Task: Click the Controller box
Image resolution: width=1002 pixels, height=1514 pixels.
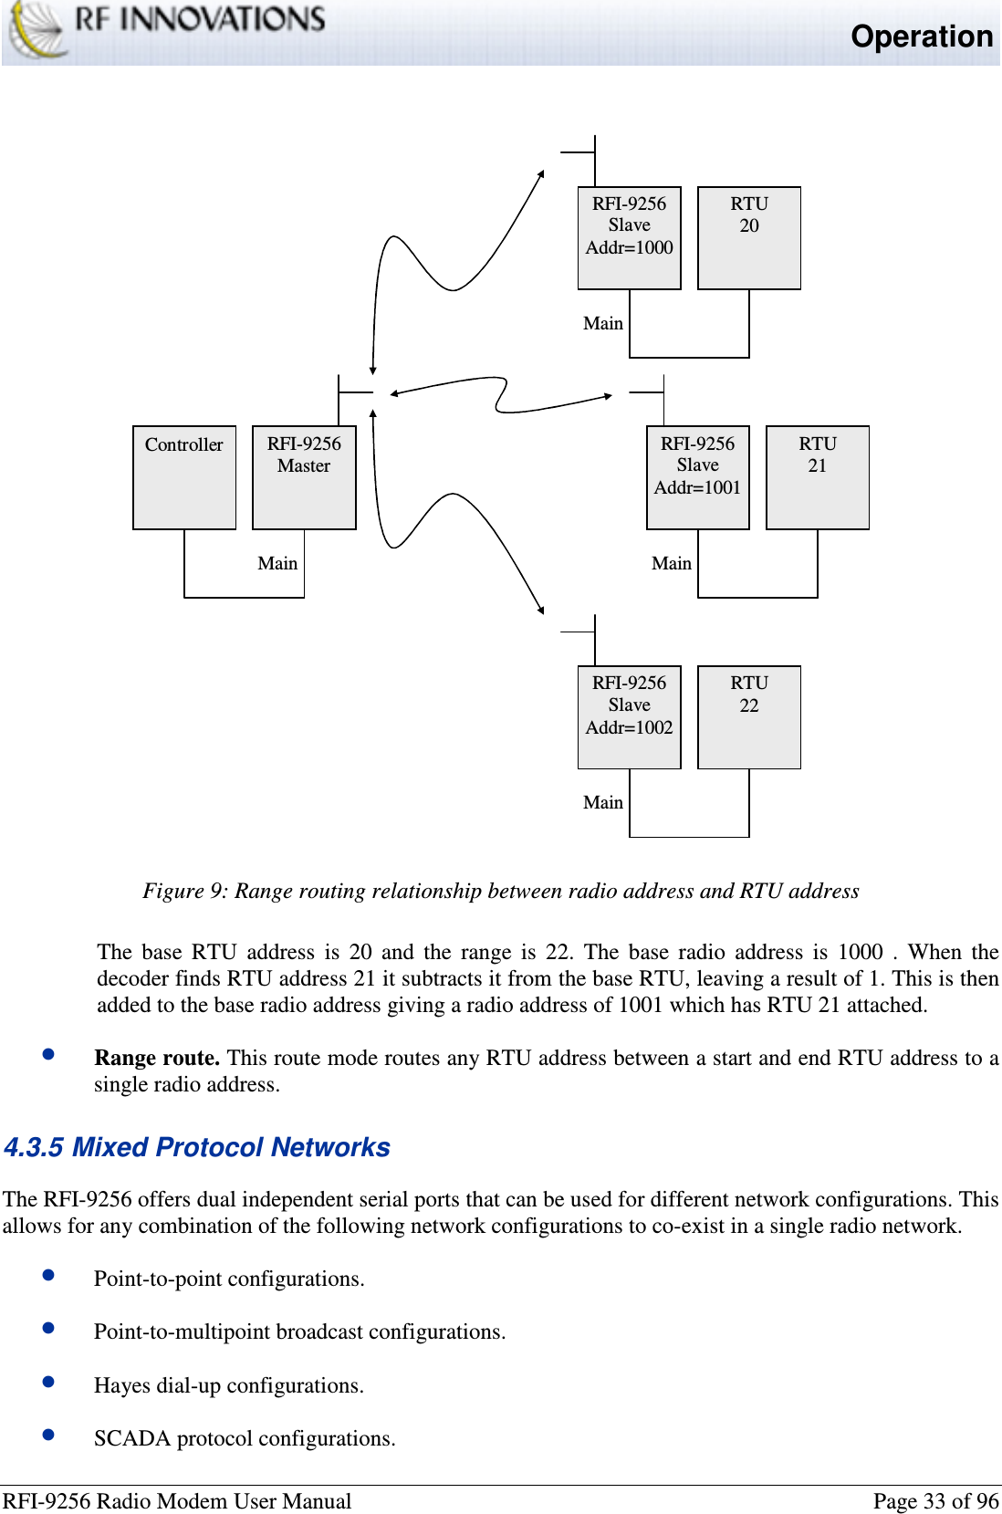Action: (184, 477)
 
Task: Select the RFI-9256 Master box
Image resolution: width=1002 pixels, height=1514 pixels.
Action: (304, 477)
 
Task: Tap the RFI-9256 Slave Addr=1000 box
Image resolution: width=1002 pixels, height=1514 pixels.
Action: (630, 238)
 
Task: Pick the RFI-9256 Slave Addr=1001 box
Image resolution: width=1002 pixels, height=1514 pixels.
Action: (698, 477)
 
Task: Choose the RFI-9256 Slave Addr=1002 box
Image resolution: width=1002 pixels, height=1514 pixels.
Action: (630, 717)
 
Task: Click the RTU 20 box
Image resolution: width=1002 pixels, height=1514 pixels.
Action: (749, 238)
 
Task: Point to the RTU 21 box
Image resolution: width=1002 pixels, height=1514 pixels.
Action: (818, 477)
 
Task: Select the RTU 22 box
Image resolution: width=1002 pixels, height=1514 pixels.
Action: (749, 717)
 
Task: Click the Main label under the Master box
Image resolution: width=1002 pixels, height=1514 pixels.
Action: (277, 563)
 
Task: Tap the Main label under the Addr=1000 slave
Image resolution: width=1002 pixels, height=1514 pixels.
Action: (603, 323)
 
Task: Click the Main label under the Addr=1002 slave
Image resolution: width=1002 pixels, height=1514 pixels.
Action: (603, 802)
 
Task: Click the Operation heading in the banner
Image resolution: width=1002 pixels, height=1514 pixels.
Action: (922, 37)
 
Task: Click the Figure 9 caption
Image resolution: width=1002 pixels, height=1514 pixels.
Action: (501, 891)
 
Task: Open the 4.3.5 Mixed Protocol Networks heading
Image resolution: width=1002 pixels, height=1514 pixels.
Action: (197, 1147)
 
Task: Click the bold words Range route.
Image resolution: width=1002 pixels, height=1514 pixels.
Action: (157, 1058)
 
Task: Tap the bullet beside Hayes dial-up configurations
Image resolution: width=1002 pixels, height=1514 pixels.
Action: (49, 1382)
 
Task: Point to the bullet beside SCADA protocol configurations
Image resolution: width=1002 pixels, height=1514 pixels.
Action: (49, 1435)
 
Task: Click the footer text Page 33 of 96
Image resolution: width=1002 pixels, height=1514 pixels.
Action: (935, 1501)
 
